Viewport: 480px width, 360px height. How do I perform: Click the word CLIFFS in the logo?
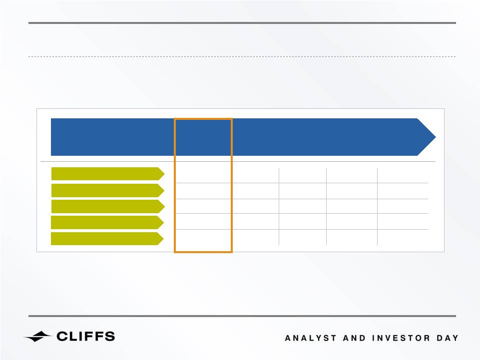(86, 337)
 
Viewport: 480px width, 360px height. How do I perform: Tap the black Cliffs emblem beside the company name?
(37, 337)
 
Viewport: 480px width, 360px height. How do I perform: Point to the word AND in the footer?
(354, 338)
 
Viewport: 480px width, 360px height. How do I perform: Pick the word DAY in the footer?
(448, 338)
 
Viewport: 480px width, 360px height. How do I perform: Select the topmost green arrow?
(108, 174)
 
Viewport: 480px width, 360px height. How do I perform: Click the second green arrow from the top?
(108, 190)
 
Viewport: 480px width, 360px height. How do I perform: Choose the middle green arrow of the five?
(108, 206)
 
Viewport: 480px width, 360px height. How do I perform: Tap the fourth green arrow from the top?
(107, 222)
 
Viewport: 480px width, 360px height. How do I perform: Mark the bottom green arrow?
(107, 239)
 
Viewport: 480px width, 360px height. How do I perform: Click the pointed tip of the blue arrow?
(436, 137)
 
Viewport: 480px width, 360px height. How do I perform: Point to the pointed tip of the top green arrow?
(164, 174)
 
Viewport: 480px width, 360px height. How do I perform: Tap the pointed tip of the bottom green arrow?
(163, 239)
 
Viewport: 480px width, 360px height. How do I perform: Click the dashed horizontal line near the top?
(242, 56)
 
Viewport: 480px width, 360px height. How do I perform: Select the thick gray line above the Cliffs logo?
(242, 316)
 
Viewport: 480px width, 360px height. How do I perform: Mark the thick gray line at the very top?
(242, 23)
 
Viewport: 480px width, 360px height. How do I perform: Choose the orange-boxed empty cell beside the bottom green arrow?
(203, 240)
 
